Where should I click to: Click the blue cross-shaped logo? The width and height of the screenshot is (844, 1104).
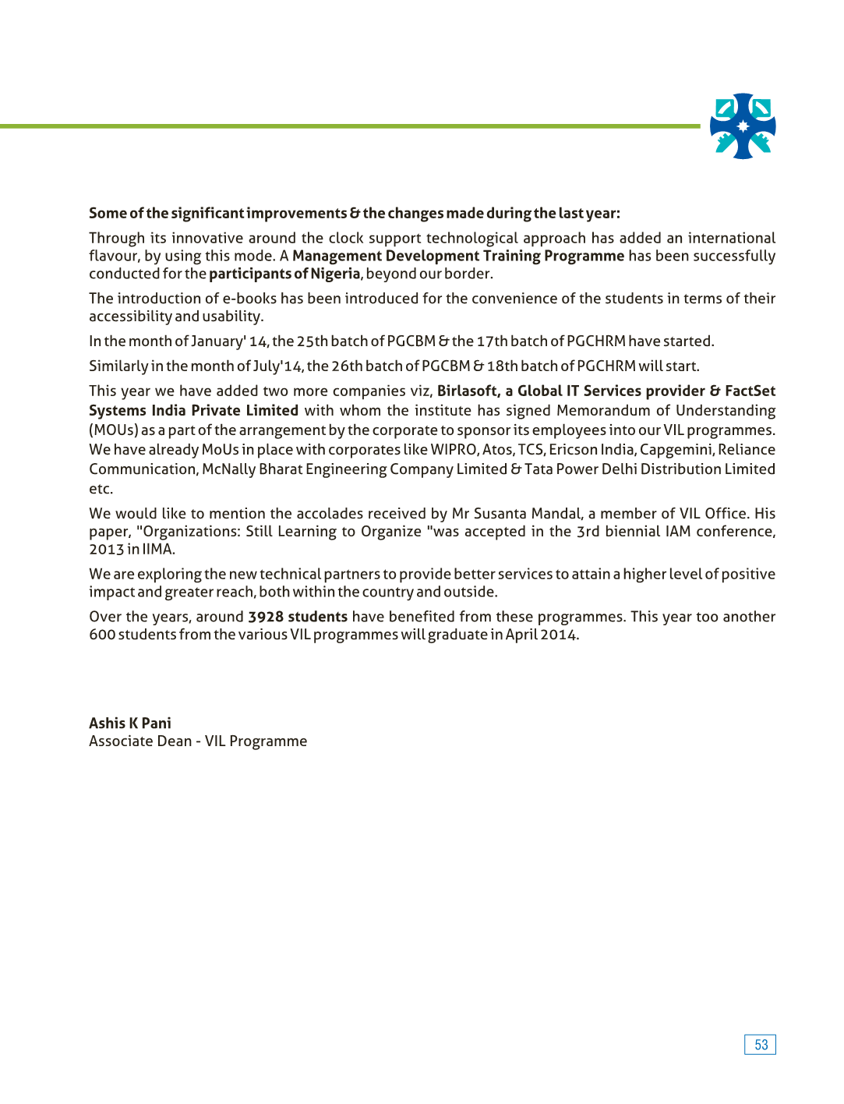click(x=743, y=126)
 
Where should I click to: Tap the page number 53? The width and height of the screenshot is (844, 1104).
click(x=761, y=1045)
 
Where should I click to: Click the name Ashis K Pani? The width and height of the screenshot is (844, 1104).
click(x=130, y=724)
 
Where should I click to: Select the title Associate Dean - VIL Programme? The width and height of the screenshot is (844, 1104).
click(x=198, y=741)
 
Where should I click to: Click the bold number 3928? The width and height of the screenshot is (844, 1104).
click(x=266, y=617)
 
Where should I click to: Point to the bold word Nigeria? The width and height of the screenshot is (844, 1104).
click(x=335, y=274)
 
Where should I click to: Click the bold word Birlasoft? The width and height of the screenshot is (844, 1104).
click(x=468, y=391)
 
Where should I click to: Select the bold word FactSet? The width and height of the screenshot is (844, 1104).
click(x=750, y=391)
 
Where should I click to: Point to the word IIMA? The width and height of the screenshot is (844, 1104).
click(x=158, y=550)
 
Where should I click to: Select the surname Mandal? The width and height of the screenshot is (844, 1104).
click(x=556, y=514)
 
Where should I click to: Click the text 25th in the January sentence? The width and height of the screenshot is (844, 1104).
click(x=312, y=341)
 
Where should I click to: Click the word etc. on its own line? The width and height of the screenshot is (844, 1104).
click(x=101, y=489)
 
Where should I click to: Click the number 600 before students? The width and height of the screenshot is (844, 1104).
click(x=102, y=635)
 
